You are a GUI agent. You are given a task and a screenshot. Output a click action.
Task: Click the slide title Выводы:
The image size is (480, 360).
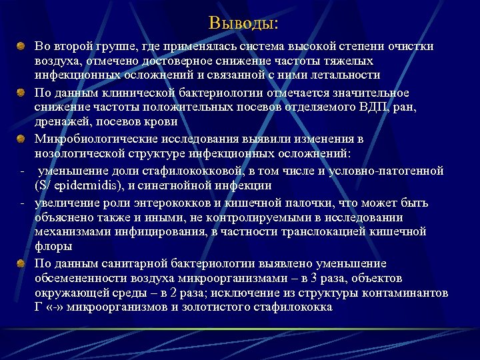[243, 24]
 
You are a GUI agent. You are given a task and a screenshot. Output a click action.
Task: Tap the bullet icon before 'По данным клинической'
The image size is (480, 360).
[22, 92]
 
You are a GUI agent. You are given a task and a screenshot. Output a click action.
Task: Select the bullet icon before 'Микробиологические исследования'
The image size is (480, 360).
[22, 139]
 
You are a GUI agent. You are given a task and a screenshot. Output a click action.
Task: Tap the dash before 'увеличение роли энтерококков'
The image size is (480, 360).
[22, 202]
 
